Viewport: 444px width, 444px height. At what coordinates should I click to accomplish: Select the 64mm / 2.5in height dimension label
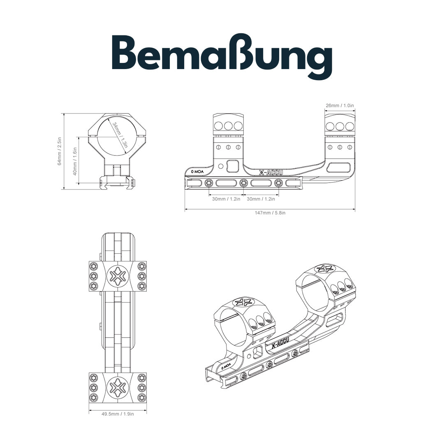[60, 151]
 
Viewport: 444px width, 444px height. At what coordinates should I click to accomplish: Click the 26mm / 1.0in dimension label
[340, 106]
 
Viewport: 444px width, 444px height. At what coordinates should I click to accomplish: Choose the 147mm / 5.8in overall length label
[270, 213]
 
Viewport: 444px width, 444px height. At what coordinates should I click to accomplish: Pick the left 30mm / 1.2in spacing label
[227, 199]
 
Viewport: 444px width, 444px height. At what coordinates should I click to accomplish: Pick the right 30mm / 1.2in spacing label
[261, 199]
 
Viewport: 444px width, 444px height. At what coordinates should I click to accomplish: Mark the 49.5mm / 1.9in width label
[118, 414]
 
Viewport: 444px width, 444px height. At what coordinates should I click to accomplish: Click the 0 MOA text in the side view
[198, 171]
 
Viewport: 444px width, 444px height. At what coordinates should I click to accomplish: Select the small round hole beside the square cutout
[221, 166]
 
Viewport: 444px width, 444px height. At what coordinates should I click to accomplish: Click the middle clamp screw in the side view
[244, 183]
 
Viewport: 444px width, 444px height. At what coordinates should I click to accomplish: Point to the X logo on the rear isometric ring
[325, 269]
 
